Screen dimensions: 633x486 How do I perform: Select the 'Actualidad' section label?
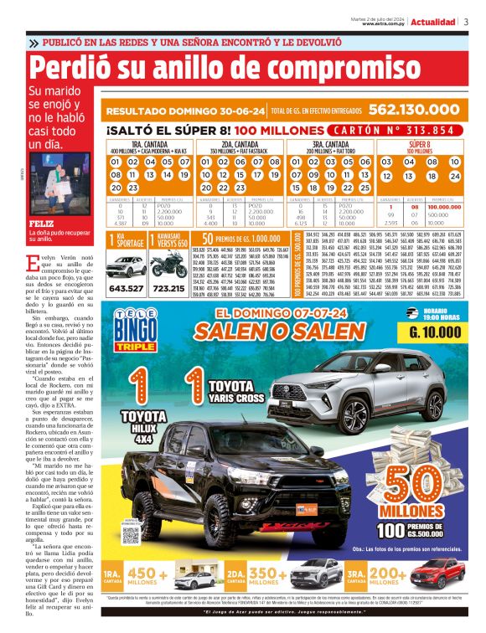[x=434, y=21]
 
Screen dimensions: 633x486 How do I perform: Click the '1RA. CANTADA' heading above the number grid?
[x=147, y=144]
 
